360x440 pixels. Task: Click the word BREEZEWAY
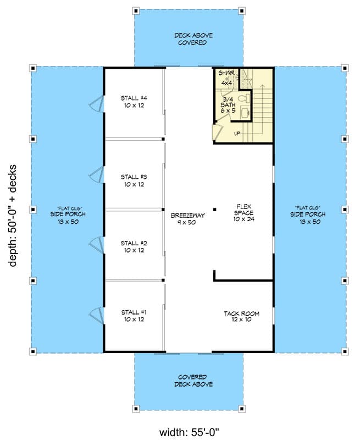[x=187, y=216]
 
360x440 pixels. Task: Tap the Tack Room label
[x=241, y=317]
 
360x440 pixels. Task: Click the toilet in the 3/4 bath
[x=246, y=99]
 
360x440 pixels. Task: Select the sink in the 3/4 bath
[x=246, y=113]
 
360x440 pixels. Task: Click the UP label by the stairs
[x=237, y=134]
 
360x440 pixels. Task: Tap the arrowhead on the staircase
[x=263, y=86]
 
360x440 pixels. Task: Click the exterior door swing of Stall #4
[x=97, y=102]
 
